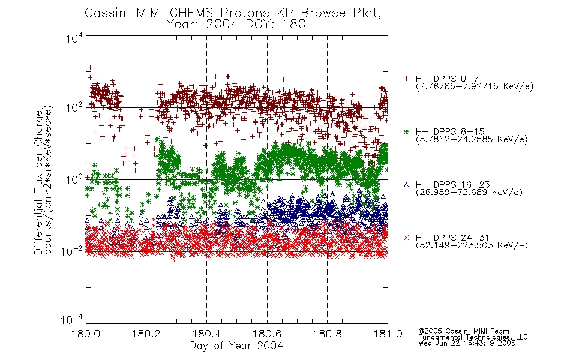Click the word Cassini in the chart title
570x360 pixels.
[107, 13]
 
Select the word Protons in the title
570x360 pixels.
[245, 13]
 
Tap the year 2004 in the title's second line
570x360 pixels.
[222, 25]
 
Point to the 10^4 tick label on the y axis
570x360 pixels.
[74, 38]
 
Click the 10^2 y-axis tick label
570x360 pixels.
[74, 107]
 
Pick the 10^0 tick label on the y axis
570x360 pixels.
[74, 179]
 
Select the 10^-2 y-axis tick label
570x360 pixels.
[72, 251]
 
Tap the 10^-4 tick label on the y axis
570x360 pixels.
[72, 320]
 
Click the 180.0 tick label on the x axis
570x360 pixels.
[86, 334]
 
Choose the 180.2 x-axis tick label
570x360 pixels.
[146, 334]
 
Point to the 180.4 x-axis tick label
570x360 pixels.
[206, 334]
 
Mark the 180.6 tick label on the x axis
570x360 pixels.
[267, 334]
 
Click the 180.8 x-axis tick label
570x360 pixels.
[327, 334]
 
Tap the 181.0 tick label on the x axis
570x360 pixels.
[388, 334]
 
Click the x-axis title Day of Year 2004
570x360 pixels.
[236, 346]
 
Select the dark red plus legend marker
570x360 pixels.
[406, 79]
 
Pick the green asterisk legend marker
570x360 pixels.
[406, 131]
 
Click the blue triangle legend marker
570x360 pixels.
[406, 185]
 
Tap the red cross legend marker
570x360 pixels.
[406, 238]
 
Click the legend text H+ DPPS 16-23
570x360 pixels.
[452, 185]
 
